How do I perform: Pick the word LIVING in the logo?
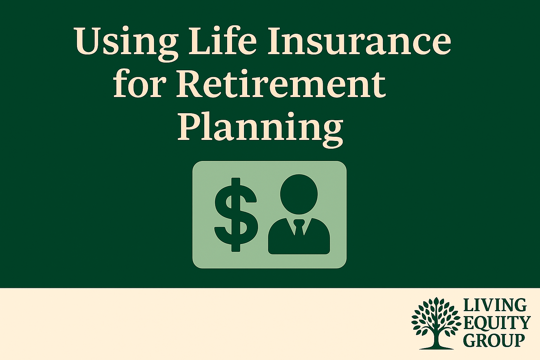[x=495, y=305]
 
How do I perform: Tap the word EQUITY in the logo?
[x=496, y=323]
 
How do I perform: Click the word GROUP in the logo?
[x=494, y=340]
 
